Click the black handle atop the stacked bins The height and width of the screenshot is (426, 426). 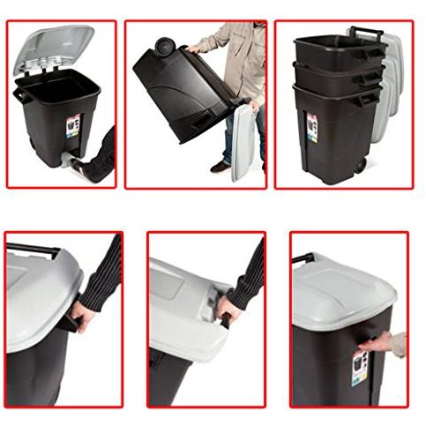point(367,34)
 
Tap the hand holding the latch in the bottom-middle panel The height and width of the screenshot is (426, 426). point(228,309)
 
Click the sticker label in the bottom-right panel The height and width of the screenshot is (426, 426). point(359,368)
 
